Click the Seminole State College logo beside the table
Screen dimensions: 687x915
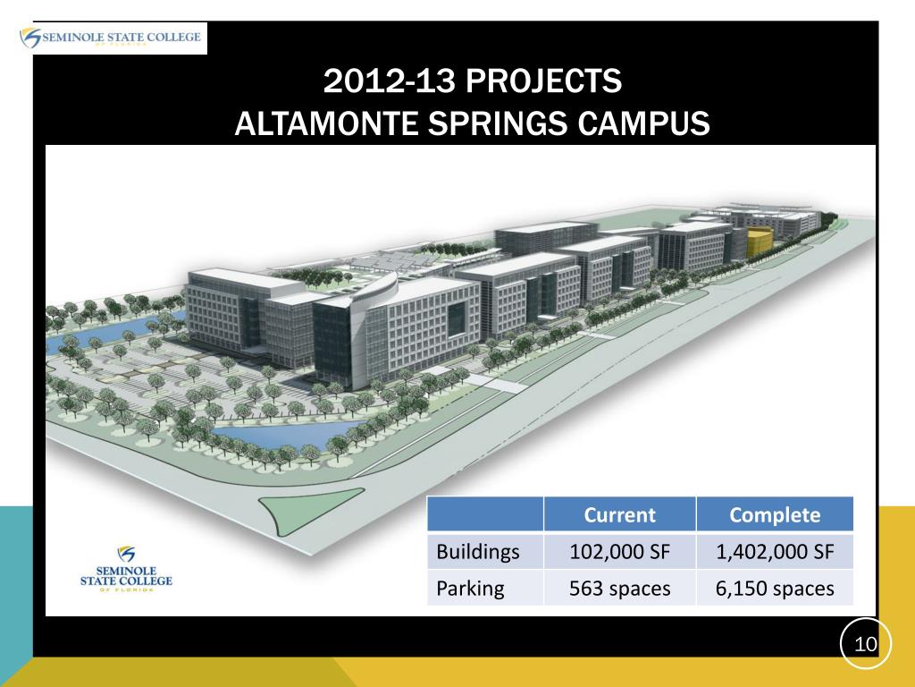pos(126,569)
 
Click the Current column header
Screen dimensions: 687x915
pos(619,514)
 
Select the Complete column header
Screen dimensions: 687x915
pos(775,514)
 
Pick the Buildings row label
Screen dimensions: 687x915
pos(477,552)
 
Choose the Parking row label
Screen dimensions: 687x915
pos(470,588)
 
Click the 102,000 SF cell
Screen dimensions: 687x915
pos(619,552)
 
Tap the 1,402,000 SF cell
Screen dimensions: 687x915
pos(775,552)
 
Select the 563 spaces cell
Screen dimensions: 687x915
pos(619,588)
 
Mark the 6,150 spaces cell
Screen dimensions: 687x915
pos(775,588)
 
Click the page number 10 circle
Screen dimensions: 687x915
pos(866,643)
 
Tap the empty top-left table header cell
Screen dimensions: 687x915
pos(485,514)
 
